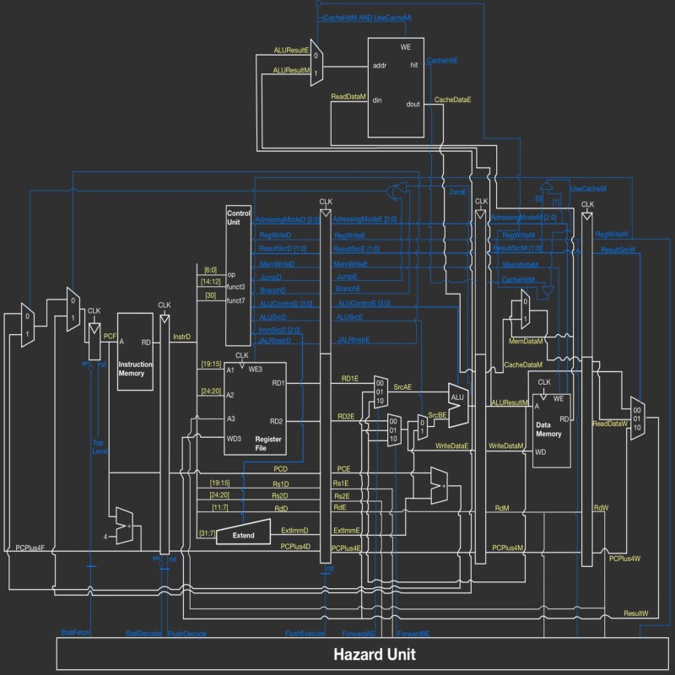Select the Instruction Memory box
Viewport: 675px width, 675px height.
point(135,351)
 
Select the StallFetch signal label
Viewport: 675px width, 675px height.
point(75,632)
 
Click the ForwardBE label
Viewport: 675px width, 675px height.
point(413,632)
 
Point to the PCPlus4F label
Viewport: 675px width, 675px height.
point(35,548)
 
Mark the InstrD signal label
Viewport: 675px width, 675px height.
point(181,336)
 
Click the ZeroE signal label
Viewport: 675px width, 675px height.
point(457,192)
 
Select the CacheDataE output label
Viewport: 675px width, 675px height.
point(452,100)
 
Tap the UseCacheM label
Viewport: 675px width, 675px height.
point(589,188)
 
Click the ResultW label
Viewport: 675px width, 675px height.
point(635,613)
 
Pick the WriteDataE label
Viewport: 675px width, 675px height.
point(451,445)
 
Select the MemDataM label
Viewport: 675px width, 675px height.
point(526,342)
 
